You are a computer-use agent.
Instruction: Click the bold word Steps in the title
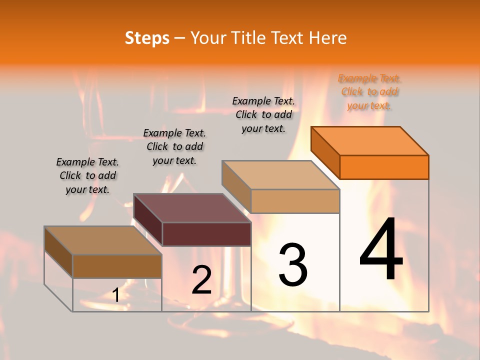pos(147,38)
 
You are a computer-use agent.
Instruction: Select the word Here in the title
pos(327,38)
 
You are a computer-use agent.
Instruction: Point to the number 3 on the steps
pos(293,264)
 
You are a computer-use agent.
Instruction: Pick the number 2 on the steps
pos(201,280)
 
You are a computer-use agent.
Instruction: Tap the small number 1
pos(116,295)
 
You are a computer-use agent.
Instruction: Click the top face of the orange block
pos(370,141)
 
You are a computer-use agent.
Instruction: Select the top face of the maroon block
pos(192,208)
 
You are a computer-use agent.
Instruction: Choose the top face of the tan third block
pos(281,175)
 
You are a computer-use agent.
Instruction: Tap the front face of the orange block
pos(384,167)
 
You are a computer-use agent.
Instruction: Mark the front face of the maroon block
pos(206,234)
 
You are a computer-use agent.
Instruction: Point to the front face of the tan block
pos(295,201)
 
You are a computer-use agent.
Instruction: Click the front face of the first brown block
pos(117,266)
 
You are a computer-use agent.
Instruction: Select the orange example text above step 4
pos(369,92)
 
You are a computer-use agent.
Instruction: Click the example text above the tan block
pos(263,114)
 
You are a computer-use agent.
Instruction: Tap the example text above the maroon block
pos(174,146)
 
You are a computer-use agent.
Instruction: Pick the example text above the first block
pos(87,175)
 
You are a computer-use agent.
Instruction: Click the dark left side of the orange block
pos(325,152)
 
